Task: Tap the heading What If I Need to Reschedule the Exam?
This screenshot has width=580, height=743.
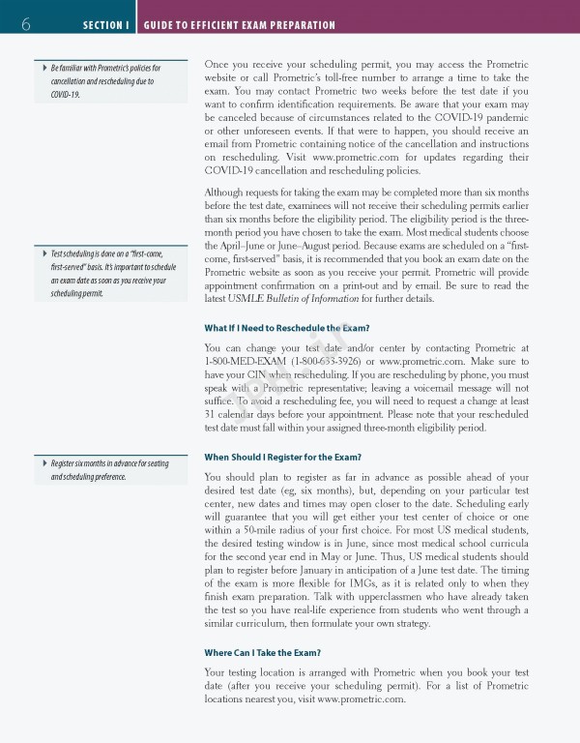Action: click(287, 328)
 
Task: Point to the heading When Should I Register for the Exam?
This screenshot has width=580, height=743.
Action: click(283, 457)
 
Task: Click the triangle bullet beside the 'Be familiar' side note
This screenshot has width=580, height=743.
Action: click(44, 68)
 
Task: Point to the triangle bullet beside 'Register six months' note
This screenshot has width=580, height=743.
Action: click(44, 463)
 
